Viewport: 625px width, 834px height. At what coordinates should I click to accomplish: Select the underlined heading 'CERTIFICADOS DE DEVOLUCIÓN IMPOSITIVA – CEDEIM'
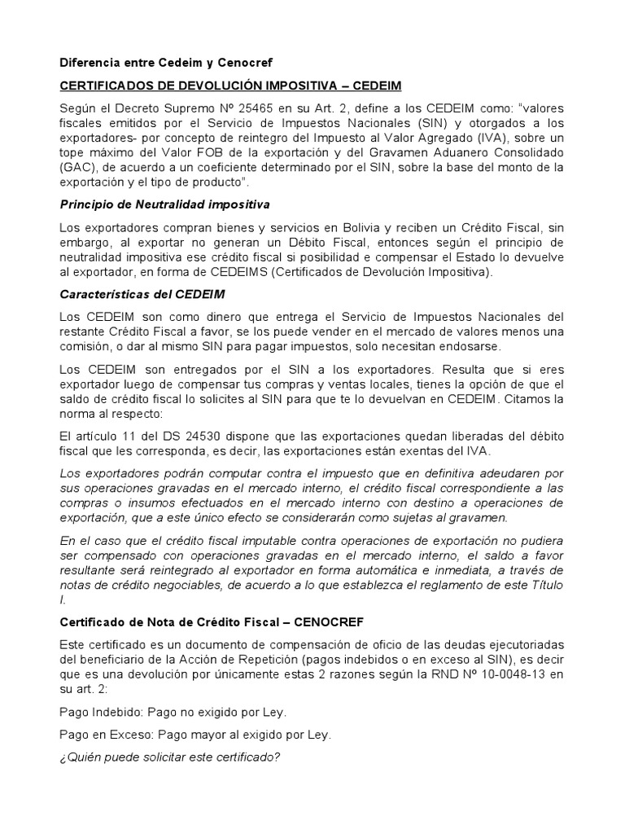click(x=232, y=86)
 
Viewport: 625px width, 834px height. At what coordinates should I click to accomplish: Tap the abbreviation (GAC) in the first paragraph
click(x=76, y=167)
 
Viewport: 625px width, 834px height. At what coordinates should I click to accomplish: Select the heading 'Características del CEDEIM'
click(x=142, y=292)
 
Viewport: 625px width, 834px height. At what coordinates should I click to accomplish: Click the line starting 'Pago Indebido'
click(x=173, y=711)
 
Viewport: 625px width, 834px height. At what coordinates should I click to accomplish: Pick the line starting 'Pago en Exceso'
click(x=195, y=734)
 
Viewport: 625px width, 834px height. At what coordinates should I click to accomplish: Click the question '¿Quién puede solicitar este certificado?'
click(x=170, y=757)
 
